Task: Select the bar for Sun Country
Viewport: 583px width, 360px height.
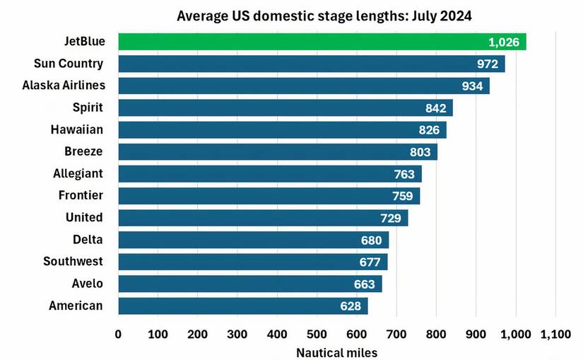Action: (311, 64)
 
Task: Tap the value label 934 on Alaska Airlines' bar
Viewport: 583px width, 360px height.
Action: (471, 86)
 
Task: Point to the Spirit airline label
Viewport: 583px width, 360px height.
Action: (88, 108)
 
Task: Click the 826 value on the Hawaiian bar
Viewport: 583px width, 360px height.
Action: (428, 130)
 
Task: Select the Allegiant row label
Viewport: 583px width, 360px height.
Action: (78, 173)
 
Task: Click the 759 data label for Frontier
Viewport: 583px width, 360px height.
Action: (403, 196)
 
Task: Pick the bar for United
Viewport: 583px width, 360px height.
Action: (262, 217)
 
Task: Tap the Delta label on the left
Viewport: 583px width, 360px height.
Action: (88, 239)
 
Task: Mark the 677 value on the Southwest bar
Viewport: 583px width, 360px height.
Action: (370, 262)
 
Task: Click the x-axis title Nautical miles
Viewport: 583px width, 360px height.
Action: (336, 352)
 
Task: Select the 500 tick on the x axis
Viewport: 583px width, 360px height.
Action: (317, 334)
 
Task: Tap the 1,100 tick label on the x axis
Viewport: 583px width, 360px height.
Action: (555, 334)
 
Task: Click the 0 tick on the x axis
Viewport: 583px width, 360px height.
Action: (118, 334)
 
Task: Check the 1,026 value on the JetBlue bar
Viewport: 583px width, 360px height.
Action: (504, 42)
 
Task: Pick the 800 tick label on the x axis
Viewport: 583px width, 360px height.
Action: (436, 334)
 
